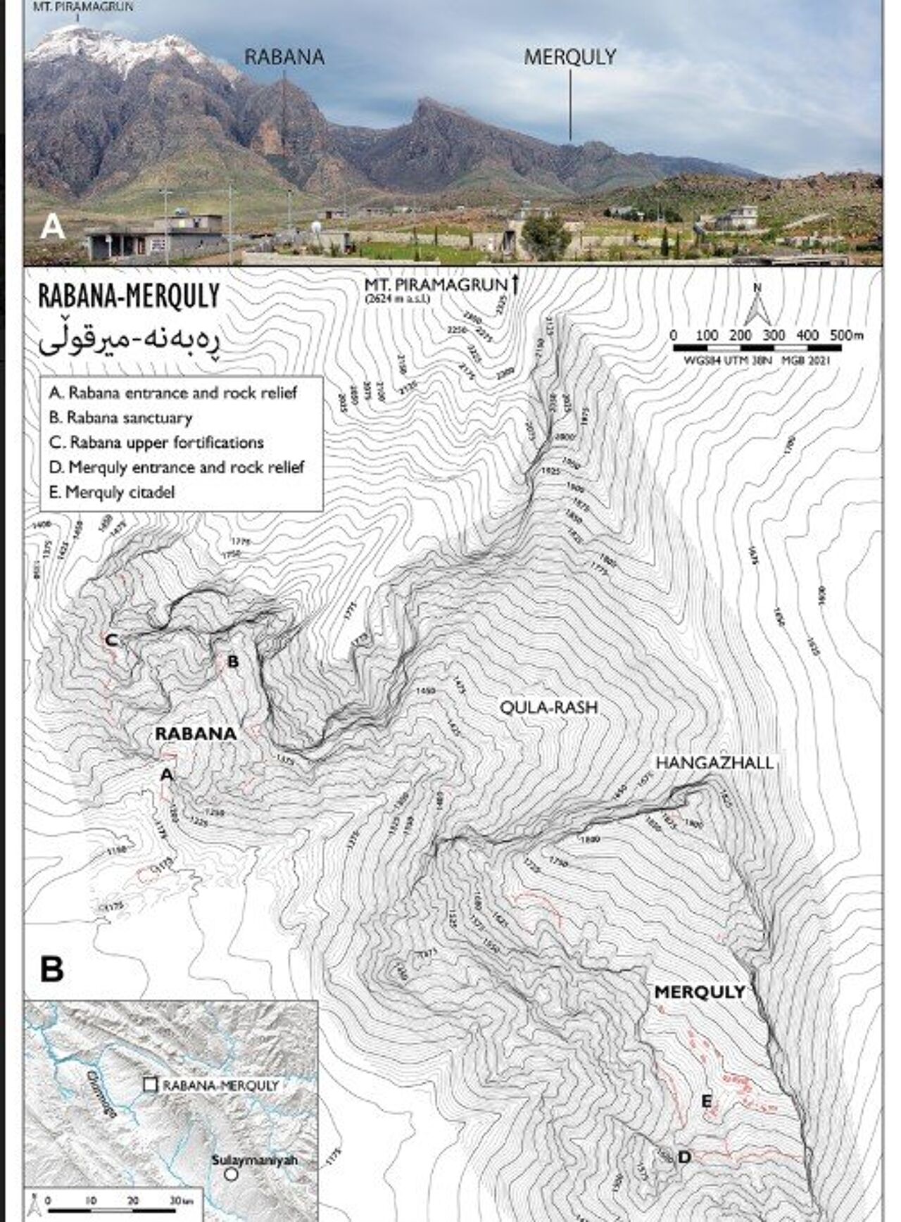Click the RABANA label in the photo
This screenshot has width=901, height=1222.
point(284,57)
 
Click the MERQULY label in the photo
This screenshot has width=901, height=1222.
point(570,57)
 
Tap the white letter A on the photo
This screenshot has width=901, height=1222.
point(53,228)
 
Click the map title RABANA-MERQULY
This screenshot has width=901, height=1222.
point(129,296)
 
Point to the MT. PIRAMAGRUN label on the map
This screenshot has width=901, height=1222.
point(436,285)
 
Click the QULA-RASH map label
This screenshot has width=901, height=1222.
point(548,707)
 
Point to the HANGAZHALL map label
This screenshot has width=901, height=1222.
point(714,762)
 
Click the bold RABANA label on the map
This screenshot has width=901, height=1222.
point(196,733)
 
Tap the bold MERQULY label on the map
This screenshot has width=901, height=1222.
point(699,993)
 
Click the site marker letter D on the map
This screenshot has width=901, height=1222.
point(683,1157)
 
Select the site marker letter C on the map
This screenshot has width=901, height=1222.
point(111,640)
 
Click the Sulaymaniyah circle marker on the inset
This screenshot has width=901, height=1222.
point(230,1175)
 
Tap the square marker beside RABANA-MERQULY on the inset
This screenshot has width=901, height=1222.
point(150,1085)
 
